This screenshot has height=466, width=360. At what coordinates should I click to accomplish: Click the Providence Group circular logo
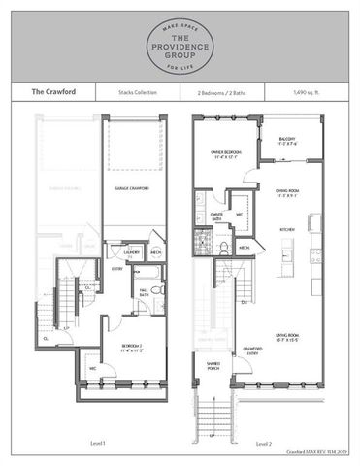click(180, 42)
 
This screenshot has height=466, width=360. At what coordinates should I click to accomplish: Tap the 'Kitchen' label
click(287, 229)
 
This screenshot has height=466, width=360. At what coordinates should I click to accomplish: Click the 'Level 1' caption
click(99, 442)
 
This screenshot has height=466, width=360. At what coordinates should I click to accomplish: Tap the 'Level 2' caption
click(263, 442)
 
